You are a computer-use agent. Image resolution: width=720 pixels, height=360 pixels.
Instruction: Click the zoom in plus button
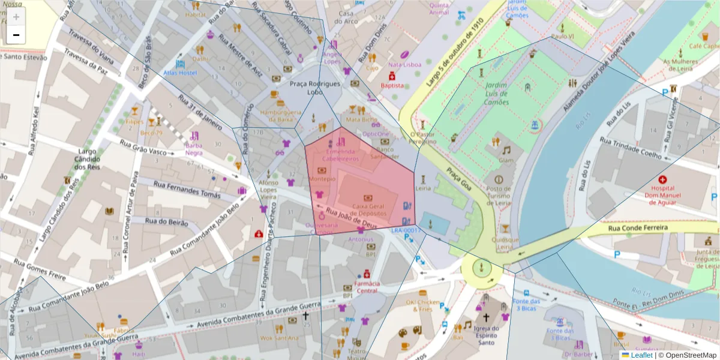[16, 17]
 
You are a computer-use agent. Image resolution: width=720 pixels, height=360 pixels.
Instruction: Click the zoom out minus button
[16, 35]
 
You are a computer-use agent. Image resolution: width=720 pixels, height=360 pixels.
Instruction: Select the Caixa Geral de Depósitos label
[368, 209]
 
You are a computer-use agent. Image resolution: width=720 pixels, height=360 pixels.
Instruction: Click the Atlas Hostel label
[179, 73]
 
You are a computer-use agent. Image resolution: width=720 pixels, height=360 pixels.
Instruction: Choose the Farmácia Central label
[367, 287]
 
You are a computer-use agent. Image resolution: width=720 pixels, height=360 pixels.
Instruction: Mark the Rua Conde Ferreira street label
[637, 228]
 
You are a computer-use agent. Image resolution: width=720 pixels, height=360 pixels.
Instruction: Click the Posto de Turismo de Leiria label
[499, 196]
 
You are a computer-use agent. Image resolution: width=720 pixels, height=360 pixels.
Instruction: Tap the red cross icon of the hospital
[662, 179]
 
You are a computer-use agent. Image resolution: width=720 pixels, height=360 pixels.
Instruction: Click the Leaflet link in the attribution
[641, 355]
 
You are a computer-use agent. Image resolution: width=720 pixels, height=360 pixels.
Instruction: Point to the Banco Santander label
[385, 153]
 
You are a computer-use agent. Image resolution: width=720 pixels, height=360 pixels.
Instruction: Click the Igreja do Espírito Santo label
[486, 332]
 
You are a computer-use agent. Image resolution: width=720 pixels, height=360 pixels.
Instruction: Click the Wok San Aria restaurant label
[278, 338]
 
